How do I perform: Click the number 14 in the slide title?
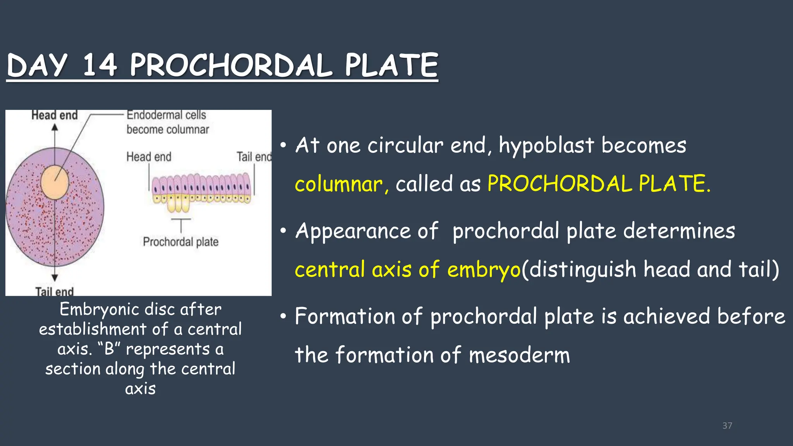point(100,65)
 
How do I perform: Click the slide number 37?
point(727,425)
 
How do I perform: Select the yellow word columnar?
point(338,184)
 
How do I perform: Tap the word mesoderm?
point(519,355)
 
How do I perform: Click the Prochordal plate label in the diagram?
point(180,242)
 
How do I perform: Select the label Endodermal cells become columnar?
point(167,122)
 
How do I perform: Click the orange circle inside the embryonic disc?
point(55,182)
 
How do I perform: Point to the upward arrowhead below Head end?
point(55,127)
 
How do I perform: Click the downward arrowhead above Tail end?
point(55,278)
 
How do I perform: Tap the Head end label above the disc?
point(55,115)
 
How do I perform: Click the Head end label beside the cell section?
point(149,157)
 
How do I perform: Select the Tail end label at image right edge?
point(254,157)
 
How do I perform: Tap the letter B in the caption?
point(109,349)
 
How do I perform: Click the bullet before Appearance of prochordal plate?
point(283,231)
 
